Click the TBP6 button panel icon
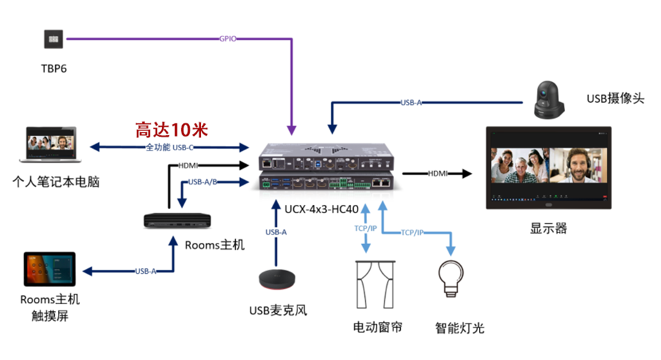pos(53,39)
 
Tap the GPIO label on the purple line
pos(228,39)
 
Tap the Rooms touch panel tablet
pos(49,270)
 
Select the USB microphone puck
pos(278,279)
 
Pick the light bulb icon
pos(451,277)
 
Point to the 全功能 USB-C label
pos(169,147)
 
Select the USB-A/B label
pos(204,183)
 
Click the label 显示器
pos(549,228)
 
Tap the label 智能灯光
pos(460,328)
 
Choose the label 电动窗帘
pos(377,326)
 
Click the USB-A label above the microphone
pos(276,232)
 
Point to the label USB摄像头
pos(615,99)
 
